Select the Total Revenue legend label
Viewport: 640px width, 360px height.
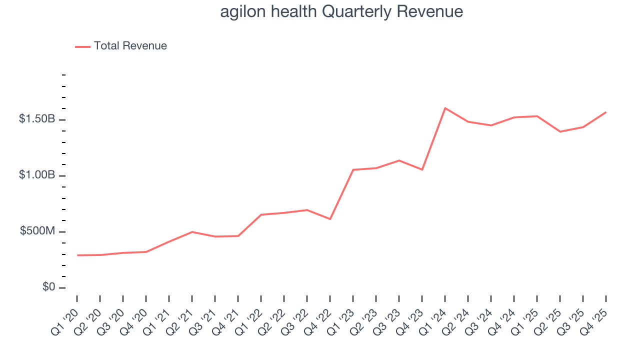tap(130, 46)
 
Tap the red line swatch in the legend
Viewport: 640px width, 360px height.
tap(82, 46)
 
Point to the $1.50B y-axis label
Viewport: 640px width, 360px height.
tap(37, 119)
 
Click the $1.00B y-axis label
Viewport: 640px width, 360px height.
tap(37, 175)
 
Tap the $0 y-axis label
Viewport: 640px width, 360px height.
tap(48, 287)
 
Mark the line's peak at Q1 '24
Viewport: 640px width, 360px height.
tap(445, 108)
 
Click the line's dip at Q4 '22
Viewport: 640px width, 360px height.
tap(330, 219)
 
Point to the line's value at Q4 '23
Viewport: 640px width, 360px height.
tap(422, 169)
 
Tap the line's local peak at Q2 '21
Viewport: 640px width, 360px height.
tap(192, 232)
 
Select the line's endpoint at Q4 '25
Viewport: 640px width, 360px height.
tap(606, 112)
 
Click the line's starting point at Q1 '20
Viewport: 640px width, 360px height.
tap(77, 255)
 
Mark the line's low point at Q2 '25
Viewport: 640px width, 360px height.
tap(560, 131)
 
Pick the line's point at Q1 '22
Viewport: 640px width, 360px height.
tap(261, 214)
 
